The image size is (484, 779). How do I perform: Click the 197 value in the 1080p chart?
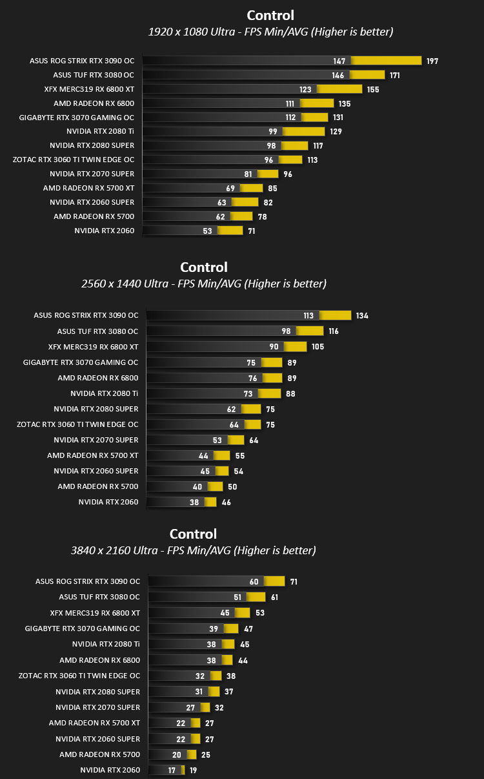pyautogui.click(x=432, y=61)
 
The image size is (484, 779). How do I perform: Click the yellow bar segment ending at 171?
pyautogui.click(x=367, y=75)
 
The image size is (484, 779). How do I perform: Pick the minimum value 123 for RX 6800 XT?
pyautogui.click(x=305, y=90)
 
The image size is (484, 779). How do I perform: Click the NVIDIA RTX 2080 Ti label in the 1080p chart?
pyautogui.click(x=100, y=132)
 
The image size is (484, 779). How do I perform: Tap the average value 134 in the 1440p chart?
pyautogui.click(x=362, y=316)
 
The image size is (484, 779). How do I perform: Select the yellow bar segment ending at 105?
pyautogui.click(x=296, y=346)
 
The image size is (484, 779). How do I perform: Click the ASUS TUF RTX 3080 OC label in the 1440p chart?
pyautogui.click(x=97, y=331)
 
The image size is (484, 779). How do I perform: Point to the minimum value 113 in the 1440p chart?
pyautogui.click(x=308, y=316)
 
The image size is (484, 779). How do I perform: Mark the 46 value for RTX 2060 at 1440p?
pyautogui.click(x=227, y=502)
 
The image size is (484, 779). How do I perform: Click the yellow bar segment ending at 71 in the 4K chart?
pyautogui.click(x=274, y=581)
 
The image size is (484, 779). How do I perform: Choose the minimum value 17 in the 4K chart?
pyautogui.click(x=172, y=771)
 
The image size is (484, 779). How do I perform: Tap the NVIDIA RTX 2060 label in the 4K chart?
pyautogui.click(x=110, y=770)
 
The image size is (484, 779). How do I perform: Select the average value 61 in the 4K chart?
pyautogui.click(x=274, y=597)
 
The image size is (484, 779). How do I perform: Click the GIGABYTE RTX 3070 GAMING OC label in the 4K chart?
pyautogui.click(x=83, y=628)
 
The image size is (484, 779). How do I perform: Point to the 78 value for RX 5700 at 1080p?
pyautogui.click(x=262, y=217)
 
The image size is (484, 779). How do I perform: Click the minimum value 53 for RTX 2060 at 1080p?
pyautogui.click(x=207, y=231)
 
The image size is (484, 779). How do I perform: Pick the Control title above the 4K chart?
pyautogui.click(x=193, y=534)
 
